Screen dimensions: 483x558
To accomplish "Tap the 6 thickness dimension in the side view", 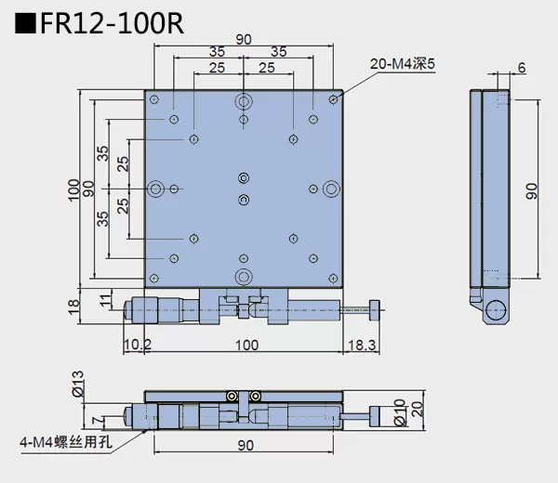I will [x=522, y=68].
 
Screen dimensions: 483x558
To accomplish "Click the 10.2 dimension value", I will [x=137, y=345].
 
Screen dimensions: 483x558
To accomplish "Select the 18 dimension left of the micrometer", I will [x=74, y=307].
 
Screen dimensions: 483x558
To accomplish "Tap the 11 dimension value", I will [x=105, y=298].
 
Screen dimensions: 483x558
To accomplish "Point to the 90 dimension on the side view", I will [x=532, y=190].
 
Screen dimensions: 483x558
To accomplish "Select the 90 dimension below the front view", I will [x=244, y=446].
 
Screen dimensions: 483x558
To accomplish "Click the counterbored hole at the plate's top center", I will [x=244, y=101].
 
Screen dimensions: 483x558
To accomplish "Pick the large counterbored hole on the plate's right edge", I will [x=330, y=189].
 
